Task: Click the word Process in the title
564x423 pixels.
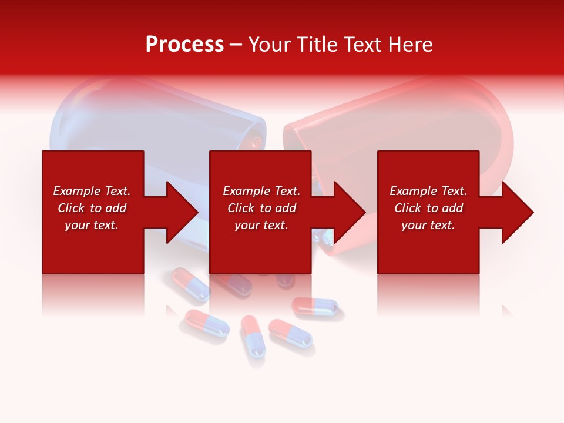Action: [x=184, y=45]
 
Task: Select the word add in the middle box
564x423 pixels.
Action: [x=286, y=208]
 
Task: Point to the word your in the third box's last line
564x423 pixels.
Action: [x=414, y=225]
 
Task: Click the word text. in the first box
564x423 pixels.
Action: [x=106, y=225]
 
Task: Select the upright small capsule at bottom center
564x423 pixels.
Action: [x=253, y=336]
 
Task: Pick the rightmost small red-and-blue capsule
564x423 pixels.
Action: [x=315, y=305]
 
